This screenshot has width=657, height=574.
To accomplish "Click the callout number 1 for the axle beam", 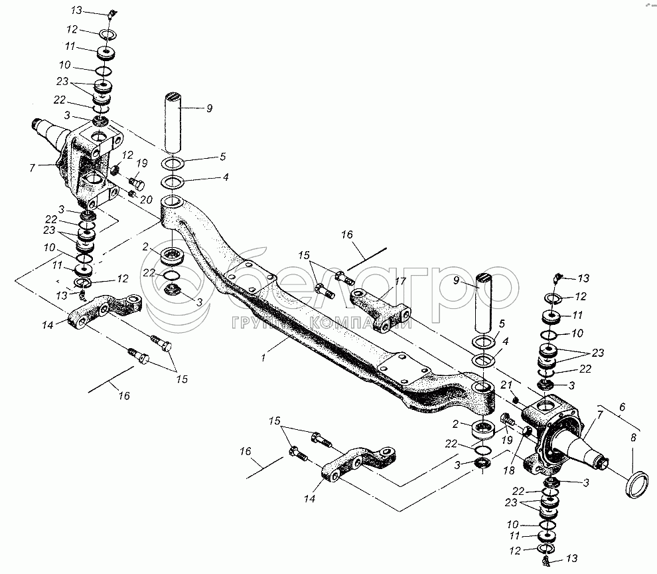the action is [263, 358].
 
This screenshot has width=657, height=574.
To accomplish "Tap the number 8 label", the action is [633, 438].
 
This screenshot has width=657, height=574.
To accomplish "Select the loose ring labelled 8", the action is [636, 484].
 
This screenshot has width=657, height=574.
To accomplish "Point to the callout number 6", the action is [622, 407].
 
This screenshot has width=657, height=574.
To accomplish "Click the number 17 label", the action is [401, 281].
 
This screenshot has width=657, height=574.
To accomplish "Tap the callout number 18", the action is [508, 470].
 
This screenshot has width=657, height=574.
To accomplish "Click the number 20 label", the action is [146, 200].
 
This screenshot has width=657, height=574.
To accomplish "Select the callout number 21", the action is [506, 385].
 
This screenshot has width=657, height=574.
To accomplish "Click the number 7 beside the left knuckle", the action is [33, 168].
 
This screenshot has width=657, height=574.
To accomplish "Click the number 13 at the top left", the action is [77, 11].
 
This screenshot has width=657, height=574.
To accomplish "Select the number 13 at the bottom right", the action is [571, 559].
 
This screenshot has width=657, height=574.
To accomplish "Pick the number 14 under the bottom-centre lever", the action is [309, 499].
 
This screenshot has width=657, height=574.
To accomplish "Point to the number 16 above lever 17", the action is [347, 235].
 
